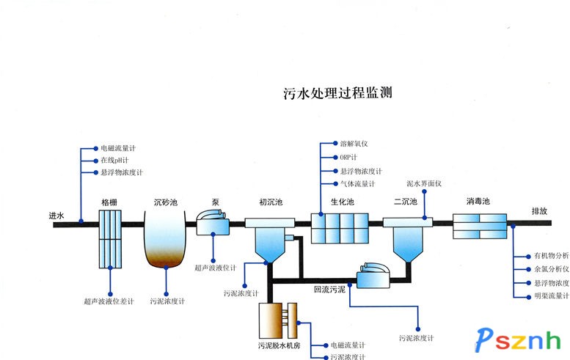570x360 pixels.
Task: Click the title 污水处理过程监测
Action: [338, 93]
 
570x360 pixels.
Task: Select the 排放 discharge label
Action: [539, 210]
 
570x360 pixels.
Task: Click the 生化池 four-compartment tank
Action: [339, 227]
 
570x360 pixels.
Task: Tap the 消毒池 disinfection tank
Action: [480, 227]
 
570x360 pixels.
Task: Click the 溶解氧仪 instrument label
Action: [354, 144]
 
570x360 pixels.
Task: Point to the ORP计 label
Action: [348, 157]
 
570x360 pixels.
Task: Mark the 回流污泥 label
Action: [329, 289]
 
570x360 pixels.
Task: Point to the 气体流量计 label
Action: [357, 184]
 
